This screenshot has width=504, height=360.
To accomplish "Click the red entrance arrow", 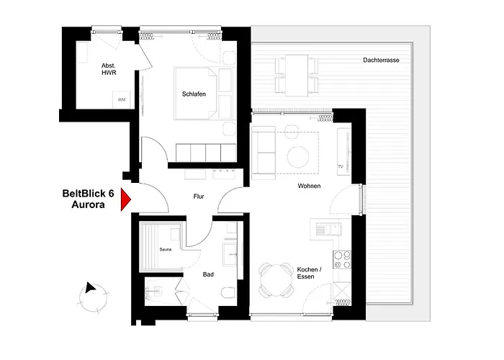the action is pyautogui.click(x=125, y=199).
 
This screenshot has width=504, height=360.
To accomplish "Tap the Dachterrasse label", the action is pyautogui.click(x=381, y=60).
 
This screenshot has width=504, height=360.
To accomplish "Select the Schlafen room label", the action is pyautogui.click(x=194, y=94).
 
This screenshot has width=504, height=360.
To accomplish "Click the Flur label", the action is pyautogui.click(x=199, y=197).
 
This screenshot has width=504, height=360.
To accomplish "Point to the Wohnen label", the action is pyautogui.click(x=309, y=186).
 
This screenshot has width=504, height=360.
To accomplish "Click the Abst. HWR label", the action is pyautogui.click(x=109, y=69).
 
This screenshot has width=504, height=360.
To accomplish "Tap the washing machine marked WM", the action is pyautogui.click(x=122, y=99).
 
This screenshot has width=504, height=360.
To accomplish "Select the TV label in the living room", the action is pyautogui.click(x=341, y=166).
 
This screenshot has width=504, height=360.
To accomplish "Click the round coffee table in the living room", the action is pyautogui.click(x=298, y=157).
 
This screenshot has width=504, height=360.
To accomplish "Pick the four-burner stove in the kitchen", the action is pyautogui.click(x=342, y=260).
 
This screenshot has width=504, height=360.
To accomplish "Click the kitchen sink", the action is pyautogui.click(x=329, y=229).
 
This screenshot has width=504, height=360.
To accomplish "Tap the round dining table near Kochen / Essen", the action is pyautogui.click(x=276, y=280).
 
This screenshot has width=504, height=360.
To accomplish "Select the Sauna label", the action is pyautogui.click(x=166, y=249).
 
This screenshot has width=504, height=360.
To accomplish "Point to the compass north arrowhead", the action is pyautogui.click(x=90, y=287).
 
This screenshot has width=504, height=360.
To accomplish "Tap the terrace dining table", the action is pyautogui.click(x=297, y=76).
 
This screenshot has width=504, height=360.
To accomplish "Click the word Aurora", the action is pyautogui.click(x=88, y=204).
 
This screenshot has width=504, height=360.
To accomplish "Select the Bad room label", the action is pyautogui.click(x=208, y=274).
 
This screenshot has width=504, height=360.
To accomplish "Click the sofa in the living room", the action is pyautogui.click(x=264, y=153).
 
